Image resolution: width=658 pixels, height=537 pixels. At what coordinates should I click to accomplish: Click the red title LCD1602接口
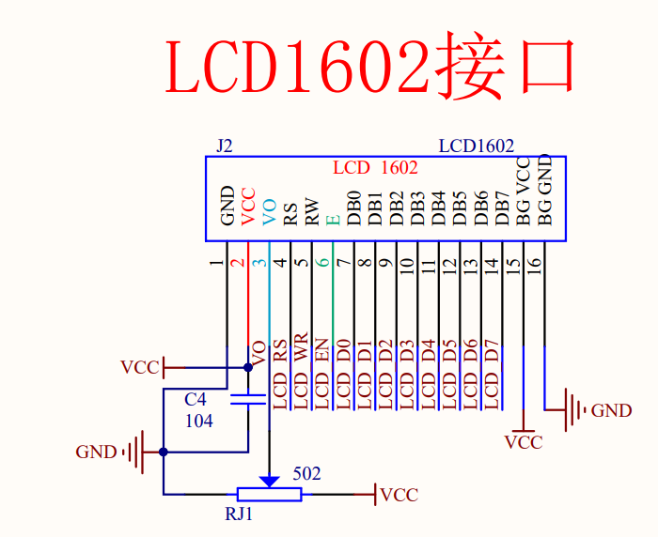tap(369, 69)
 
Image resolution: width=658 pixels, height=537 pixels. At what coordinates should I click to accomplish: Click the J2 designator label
tap(224, 146)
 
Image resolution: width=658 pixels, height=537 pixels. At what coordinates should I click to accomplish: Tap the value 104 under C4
tap(198, 422)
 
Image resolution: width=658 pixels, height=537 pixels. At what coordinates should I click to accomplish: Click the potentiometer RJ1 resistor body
tap(270, 494)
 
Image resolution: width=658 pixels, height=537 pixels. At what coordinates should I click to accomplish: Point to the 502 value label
tap(306, 474)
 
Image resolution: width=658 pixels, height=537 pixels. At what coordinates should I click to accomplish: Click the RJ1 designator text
tap(239, 514)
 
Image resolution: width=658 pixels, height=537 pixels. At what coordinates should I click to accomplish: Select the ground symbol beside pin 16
tap(571, 410)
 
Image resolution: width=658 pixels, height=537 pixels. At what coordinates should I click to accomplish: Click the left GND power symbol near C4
tap(137, 452)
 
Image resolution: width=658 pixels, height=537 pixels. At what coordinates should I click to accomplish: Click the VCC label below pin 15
tap(524, 441)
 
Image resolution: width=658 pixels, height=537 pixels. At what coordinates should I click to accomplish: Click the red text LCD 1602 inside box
tap(375, 168)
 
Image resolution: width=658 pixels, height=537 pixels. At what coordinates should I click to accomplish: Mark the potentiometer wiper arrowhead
tap(270, 481)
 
